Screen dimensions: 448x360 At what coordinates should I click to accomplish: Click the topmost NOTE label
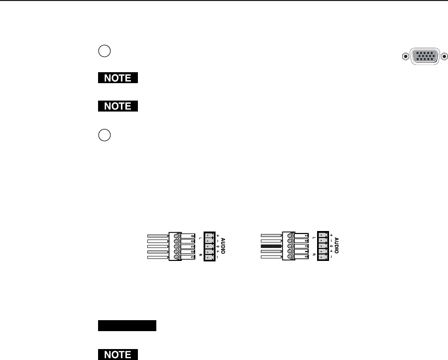pos(117,78)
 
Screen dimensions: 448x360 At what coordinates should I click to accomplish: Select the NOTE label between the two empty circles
pos(117,106)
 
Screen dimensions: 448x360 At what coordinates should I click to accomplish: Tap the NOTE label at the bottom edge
pos(117,355)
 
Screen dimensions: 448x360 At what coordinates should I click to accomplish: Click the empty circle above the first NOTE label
pos(105,51)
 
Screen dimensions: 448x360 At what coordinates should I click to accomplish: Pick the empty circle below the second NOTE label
pos(105,135)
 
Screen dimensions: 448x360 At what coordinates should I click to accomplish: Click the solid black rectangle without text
pos(127,326)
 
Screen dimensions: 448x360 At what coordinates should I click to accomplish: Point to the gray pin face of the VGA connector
pos(425,56)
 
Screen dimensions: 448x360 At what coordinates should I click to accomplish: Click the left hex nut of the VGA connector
pos(405,57)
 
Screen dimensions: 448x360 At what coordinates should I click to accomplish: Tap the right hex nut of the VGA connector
pos(445,57)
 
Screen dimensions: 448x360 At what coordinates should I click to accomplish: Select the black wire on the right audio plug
pos(271,246)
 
